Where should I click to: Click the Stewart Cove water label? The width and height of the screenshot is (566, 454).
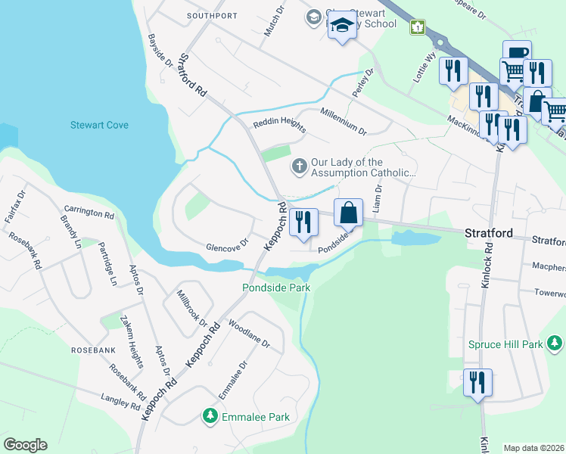click(x=99, y=125)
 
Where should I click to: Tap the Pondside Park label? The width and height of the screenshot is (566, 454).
click(x=276, y=288)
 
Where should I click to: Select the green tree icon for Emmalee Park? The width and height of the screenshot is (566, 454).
click(x=209, y=415)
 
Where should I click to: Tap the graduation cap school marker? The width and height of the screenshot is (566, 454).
click(x=342, y=27)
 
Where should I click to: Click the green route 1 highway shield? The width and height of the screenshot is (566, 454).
click(x=417, y=27)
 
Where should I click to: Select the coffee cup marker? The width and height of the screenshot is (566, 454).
click(x=516, y=54)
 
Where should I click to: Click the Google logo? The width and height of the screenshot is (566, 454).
click(x=24, y=445)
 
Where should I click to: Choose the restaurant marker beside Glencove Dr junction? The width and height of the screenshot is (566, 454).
click(x=303, y=222)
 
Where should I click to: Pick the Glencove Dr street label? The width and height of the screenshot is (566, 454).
click(x=227, y=246)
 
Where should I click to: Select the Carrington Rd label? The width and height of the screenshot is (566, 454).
click(x=89, y=213)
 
